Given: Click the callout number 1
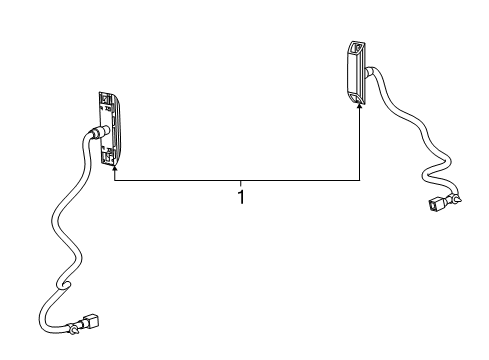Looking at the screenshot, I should (241, 196).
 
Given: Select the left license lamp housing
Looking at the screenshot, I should (108, 128).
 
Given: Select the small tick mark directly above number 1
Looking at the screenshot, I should (241, 183).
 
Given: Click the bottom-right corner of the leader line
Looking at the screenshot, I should (361, 180).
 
